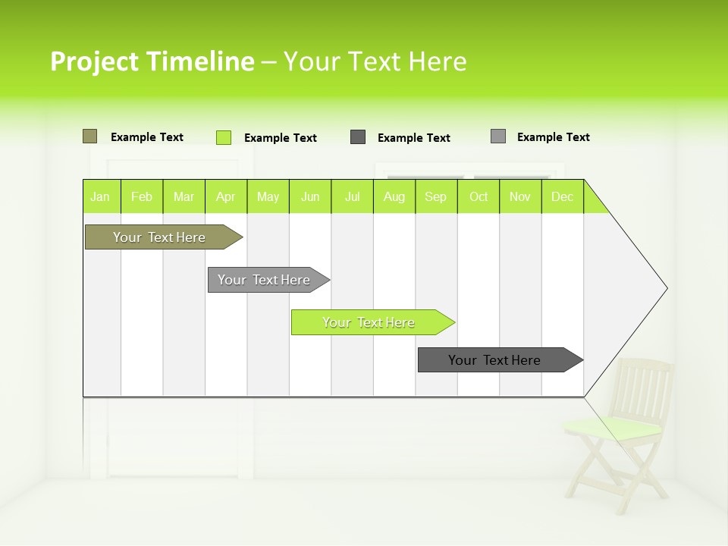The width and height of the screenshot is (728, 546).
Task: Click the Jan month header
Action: coord(101,196)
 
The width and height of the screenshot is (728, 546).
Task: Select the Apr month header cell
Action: coord(226,196)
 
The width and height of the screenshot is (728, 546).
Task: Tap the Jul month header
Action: coord(352,196)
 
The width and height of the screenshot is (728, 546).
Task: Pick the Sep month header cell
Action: coord(435,196)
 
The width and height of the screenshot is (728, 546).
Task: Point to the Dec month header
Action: coord(562,196)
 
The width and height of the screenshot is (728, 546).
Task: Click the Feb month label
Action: coord(142,196)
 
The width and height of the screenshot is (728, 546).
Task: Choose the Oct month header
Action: coord(479,196)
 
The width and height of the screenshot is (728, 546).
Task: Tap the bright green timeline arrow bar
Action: coord(369,322)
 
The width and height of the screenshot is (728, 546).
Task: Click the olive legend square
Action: coord(89,136)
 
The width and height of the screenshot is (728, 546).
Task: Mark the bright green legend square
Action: coord(224,137)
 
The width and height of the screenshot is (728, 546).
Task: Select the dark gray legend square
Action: coord(358,137)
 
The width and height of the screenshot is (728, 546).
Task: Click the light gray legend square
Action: coord(498,136)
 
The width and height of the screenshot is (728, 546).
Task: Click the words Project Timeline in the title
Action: coord(152,61)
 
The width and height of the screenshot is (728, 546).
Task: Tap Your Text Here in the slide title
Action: coord(375,61)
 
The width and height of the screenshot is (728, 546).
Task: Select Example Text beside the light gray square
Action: coord(553,137)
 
